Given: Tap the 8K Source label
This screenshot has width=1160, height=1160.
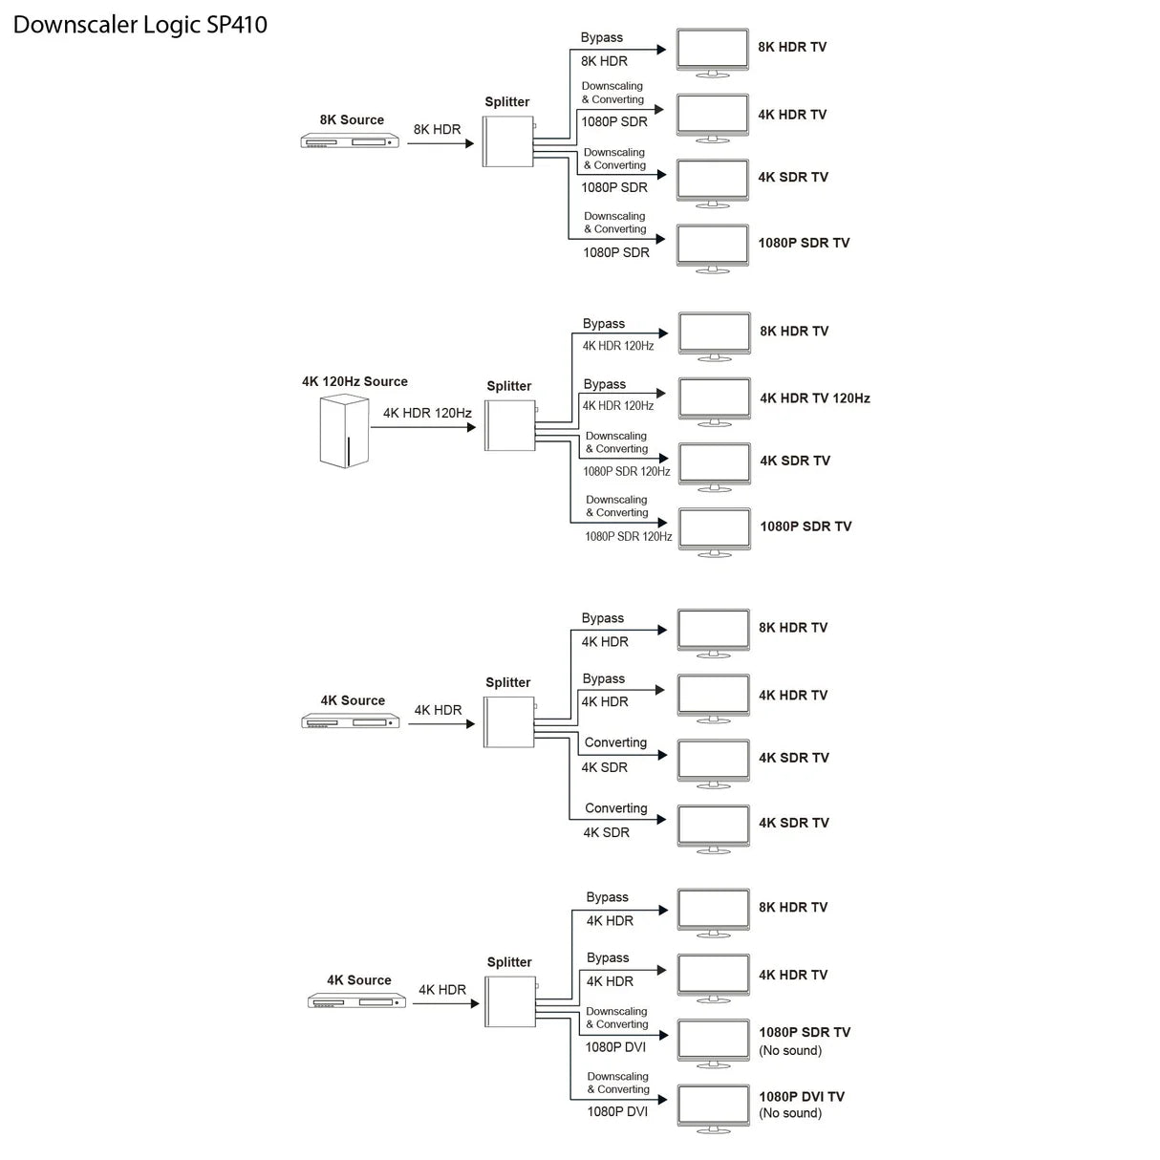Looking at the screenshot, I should [x=352, y=120].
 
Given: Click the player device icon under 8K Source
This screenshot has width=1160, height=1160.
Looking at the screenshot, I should [x=350, y=141].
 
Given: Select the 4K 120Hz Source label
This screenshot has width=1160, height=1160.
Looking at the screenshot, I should [x=354, y=381].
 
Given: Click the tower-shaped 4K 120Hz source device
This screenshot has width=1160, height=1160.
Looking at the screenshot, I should [x=344, y=432].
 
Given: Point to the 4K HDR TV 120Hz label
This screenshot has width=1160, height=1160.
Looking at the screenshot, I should [x=815, y=398].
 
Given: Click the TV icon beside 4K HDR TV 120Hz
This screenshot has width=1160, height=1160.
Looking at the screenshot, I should [x=714, y=399].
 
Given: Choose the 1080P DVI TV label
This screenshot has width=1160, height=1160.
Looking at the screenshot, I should [x=802, y=1097].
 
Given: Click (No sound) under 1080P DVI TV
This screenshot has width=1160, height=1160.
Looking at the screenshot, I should [x=790, y=1113].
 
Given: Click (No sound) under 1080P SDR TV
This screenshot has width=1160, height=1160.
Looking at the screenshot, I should [x=790, y=1051].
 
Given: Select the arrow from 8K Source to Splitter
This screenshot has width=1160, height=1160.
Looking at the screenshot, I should [x=440, y=143].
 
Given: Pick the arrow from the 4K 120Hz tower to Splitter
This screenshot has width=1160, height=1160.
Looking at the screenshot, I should [x=423, y=427].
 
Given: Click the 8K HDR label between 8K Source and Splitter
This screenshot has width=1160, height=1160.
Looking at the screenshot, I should [x=437, y=130].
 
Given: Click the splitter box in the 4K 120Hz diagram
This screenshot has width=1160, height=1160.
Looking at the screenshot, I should [x=510, y=425].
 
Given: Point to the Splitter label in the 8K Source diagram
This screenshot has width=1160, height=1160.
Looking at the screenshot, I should [x=506, y=102].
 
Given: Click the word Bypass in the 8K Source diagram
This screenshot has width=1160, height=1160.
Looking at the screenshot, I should [x=601, y=38].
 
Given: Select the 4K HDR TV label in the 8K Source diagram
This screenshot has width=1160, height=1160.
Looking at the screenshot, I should [x=792, y=115].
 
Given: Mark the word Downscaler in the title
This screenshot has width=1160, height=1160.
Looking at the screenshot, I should [x=75, y=25].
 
